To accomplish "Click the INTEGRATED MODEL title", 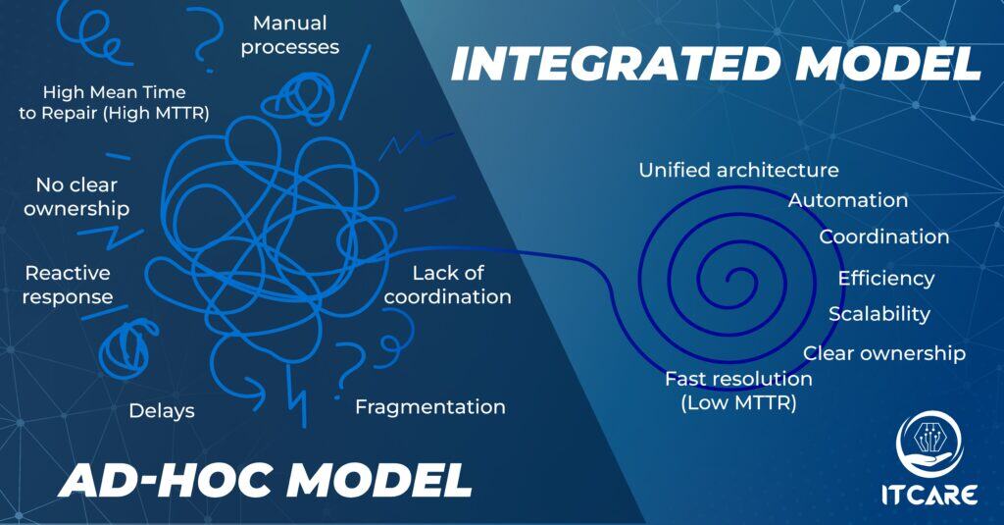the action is coord(716,64).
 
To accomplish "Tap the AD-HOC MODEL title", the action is coord(265,480).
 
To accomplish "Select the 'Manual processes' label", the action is coord(290,35).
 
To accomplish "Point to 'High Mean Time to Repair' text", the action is coord(114,103).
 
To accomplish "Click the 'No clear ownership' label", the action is coord(76,197).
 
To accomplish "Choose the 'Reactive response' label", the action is coord(68,285).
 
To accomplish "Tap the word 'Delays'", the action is coord(162,411).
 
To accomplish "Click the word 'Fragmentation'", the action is coord(430,407).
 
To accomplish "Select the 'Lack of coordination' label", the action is coord(447,285).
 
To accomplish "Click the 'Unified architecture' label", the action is coord(739,170).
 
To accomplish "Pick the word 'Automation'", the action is coord(848,200).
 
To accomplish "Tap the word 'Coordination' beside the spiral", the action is coord(883,236).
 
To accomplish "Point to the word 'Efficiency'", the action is coord(886,279).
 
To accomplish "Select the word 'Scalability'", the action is coord(879,314).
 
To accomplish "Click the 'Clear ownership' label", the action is coord(884,353).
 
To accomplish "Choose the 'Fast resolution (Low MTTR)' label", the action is coord(738,391).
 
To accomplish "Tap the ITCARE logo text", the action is coord(929,495).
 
